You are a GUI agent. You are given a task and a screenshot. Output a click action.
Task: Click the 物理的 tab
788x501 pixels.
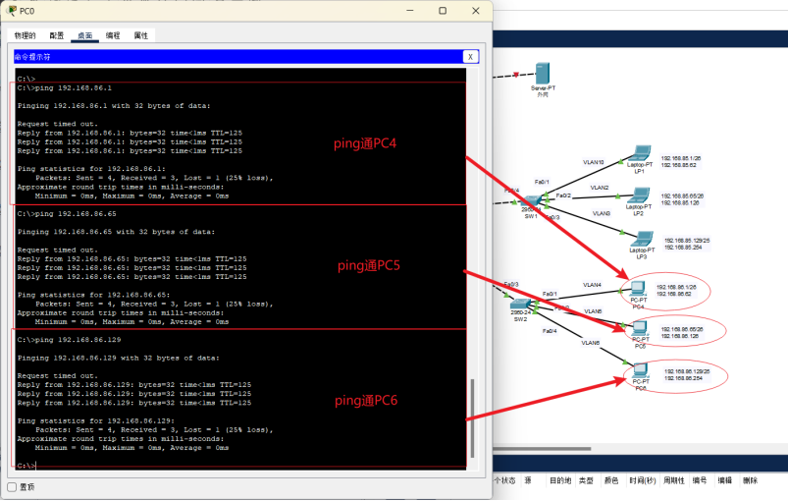coord(26,35)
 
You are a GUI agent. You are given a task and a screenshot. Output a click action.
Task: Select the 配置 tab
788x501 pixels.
coord(57,35)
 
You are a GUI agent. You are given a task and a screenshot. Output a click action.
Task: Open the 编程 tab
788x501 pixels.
coord(113,35)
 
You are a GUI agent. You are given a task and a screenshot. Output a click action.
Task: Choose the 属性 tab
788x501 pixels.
coord(141,35)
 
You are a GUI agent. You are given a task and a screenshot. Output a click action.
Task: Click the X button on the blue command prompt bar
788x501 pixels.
coord(471,57)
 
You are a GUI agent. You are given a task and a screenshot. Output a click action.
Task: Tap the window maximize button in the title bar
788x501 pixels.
coord(443,11)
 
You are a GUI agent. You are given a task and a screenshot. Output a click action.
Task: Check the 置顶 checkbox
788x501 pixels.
coord(13,487)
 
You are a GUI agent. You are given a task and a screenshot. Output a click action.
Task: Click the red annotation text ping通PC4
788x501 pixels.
coord(366,143)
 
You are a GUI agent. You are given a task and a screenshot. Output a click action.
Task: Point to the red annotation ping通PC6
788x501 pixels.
coord(365,400)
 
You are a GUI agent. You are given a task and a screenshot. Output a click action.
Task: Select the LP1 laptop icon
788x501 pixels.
coord(640,155)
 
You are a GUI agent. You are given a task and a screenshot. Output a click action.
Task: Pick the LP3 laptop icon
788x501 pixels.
coord(643,240)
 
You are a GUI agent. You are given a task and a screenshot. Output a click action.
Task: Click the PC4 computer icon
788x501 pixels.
coord(638,290)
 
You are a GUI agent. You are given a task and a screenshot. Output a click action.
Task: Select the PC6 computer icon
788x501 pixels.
coord(640,371)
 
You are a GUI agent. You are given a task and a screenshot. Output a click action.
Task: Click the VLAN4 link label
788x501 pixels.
coord(592,285)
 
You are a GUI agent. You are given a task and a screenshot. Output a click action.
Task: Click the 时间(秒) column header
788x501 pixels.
coord(644,480)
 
